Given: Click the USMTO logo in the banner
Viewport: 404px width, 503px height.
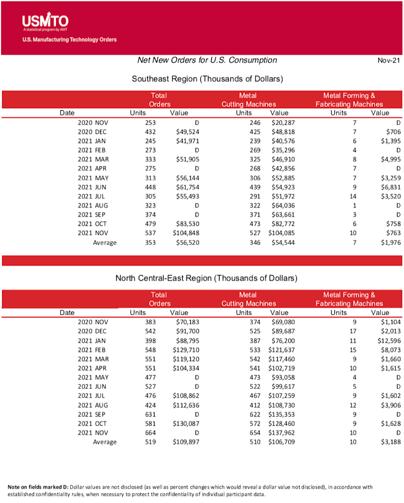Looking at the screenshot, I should [45, 21].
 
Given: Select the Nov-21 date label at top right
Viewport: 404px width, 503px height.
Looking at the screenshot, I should [389, 61].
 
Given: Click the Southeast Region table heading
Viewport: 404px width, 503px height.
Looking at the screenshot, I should [207, 79].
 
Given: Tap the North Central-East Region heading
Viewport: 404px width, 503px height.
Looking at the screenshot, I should [207, 278].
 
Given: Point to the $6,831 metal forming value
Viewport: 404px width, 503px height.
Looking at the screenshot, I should [389, 187].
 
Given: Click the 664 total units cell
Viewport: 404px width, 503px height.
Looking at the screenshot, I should [149, 433].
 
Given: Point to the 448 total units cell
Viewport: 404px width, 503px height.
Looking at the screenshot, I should [149, 187].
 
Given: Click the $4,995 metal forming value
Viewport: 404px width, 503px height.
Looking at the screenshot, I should [389, 160].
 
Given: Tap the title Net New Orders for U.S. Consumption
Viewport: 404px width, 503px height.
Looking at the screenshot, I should [207, 60].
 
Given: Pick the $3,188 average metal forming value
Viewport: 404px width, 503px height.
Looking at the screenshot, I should [389, 442].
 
